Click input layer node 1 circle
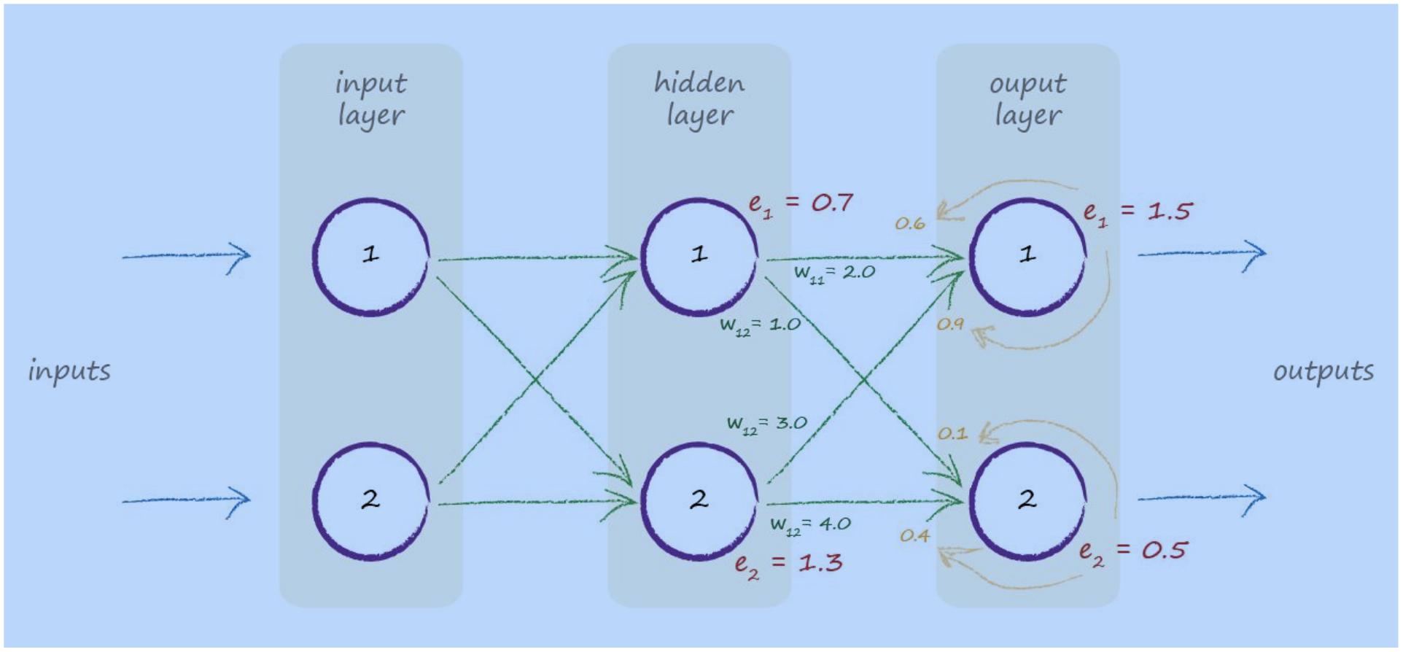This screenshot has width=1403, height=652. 370,256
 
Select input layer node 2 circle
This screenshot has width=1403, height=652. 370,501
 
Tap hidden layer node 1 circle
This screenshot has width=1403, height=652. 699,256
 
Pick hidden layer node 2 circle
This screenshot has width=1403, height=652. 699,501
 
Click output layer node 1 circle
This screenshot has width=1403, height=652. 1027,256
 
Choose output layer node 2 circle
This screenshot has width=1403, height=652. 1027,501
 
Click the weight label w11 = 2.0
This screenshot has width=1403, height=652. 834,273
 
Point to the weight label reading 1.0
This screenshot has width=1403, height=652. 760,325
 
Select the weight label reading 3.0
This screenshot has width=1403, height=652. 766,424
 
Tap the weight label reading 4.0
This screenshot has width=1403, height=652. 810,525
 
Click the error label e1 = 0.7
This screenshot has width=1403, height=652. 800,203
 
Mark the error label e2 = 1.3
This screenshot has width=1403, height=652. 788,564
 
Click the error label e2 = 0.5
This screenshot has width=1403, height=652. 1132,551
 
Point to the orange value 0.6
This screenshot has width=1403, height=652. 910,225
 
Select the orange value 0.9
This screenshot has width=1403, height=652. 950,324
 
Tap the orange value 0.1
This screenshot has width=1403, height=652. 952,434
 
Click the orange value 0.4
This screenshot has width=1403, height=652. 914,536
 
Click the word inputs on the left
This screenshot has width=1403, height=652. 69,371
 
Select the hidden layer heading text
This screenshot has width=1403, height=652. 699,98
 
